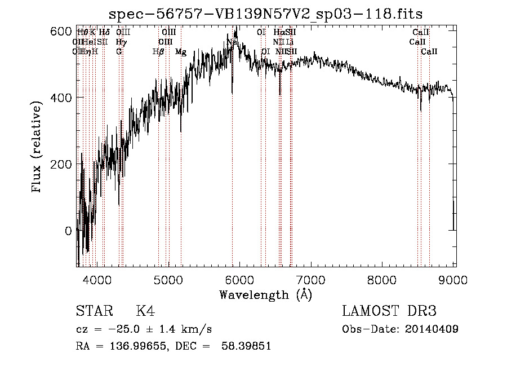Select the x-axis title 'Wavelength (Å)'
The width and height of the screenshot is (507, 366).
click(x=265, y=294)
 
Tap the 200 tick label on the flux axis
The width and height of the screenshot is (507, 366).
click(x=61, y=164)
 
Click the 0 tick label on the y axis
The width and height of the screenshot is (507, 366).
click(x=68, y=231)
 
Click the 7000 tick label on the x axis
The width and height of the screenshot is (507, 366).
click(x=312, y=279)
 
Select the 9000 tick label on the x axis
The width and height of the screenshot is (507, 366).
click(x=455, y=279)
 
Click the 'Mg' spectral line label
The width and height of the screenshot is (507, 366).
click(x=181, y=52)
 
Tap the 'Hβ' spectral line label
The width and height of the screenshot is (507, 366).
click(x=158, y=52)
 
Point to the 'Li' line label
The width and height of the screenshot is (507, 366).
click(x=289, y=42)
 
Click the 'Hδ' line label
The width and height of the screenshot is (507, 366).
click(x=104, y=32)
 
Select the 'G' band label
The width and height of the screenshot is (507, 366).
click(x=119, y=52)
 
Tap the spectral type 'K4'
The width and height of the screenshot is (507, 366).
click(x=145, y=311)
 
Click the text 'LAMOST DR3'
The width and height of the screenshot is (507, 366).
click(x=389, y=311)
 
